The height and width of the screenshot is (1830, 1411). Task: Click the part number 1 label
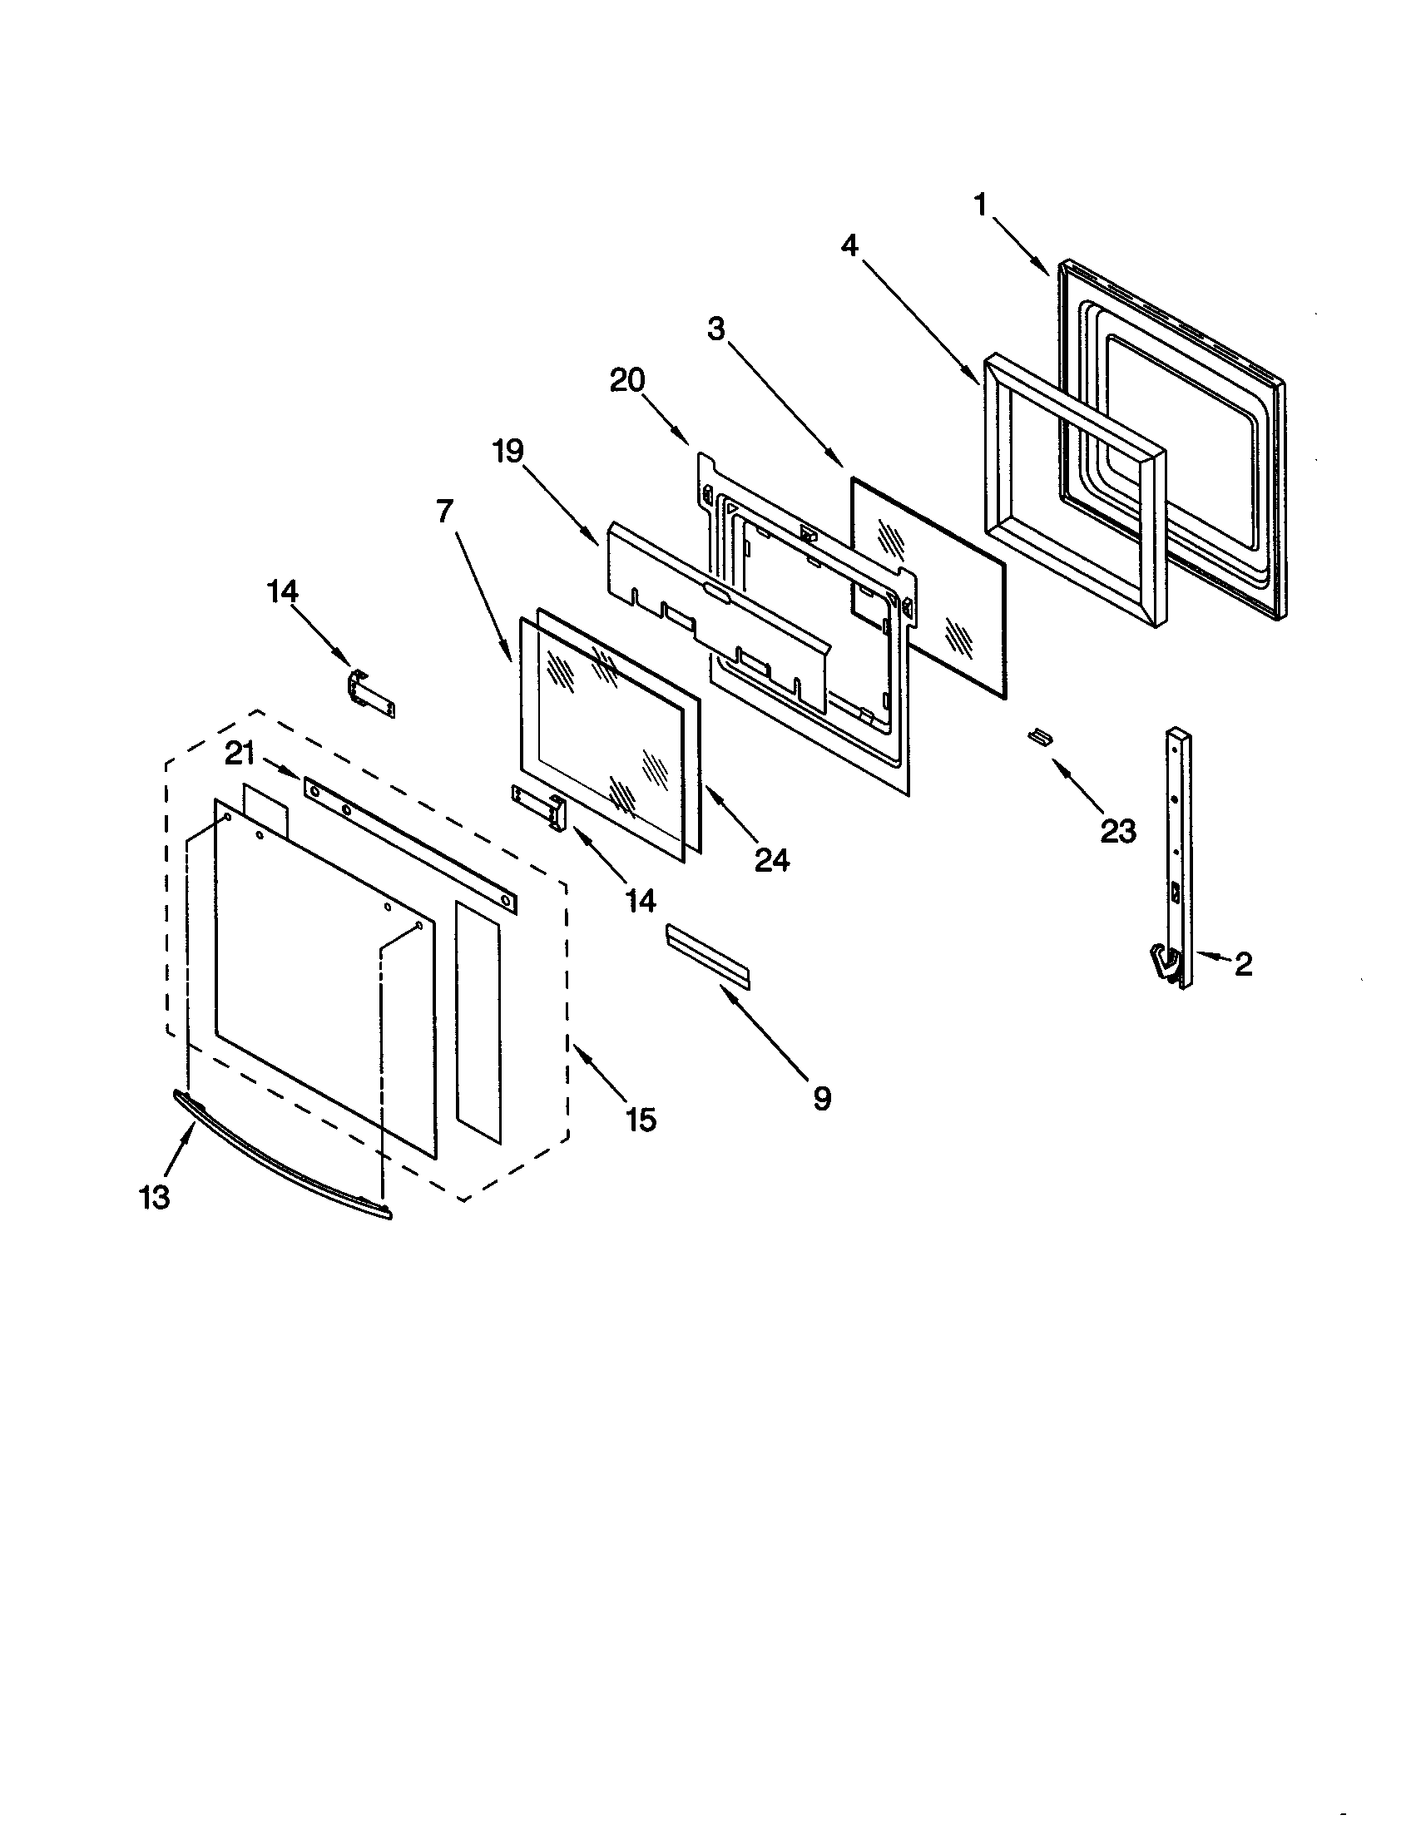coord(980,204)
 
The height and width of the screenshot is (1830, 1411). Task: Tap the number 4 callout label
coord(849,245)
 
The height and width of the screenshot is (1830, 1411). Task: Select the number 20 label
coord(627,380)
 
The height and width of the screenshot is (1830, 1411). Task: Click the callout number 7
coord(444,510)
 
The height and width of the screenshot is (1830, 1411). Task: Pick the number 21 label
coord(240,754)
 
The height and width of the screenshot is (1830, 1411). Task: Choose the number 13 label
coord(155,1197)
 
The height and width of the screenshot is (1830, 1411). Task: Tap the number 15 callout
coord(641,1120)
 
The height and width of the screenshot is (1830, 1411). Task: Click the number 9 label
coord(822,1098)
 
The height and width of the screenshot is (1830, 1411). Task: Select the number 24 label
coord(772,859)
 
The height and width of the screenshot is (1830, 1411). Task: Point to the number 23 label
coord(1118,831)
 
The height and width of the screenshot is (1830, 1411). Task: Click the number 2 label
coord(1244,964)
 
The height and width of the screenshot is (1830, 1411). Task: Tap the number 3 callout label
coord(715,329)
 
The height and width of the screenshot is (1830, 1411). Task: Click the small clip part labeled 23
coord(1040,735)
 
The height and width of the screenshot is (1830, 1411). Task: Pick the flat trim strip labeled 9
coord(708,956)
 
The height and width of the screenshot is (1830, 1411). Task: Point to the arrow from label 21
coord(280,770)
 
